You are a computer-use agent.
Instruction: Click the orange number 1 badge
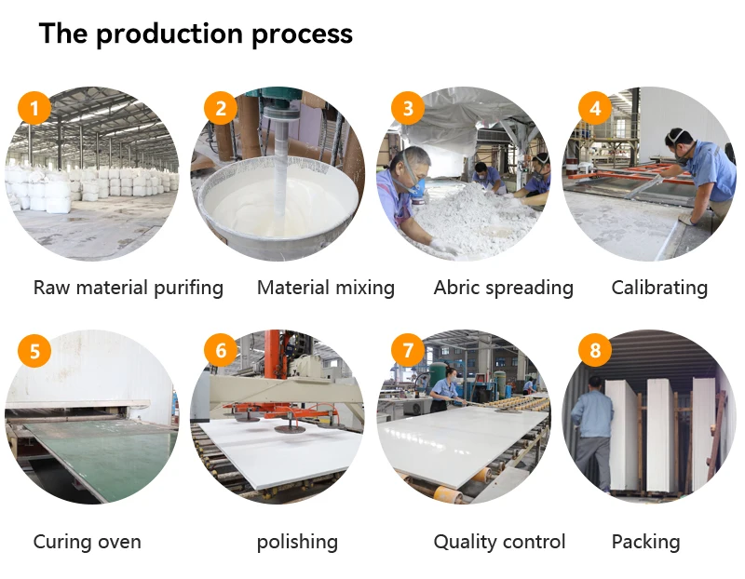[x=34, y=109]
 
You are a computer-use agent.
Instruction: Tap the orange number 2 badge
[x=221, y=109]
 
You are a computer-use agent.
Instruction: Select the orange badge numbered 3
[x=408, y=109]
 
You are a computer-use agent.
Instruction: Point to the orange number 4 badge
[x=595, y=109]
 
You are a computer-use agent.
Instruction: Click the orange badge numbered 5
[x=34, y=351]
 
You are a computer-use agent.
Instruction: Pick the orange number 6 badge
[x=221, y=351]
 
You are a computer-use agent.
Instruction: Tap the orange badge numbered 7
[x=408, y=351]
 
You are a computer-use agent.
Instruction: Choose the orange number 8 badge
[x=595, y=351]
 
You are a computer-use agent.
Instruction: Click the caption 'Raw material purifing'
[x=129, y=288]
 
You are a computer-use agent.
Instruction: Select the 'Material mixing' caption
[x=326, y=288]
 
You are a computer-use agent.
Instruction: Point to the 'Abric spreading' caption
[x=504, y=288]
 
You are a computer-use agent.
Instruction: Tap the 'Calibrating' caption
[x=659, y=288]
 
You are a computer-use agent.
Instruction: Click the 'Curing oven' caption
[x=88, y=542]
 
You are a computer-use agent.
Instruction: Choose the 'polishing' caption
[x=297, y=542]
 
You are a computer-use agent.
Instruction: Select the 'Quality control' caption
[x=500, y=542]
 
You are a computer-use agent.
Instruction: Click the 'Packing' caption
[x=645, y=542]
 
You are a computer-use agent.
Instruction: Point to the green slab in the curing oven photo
[x=93, y=456]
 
